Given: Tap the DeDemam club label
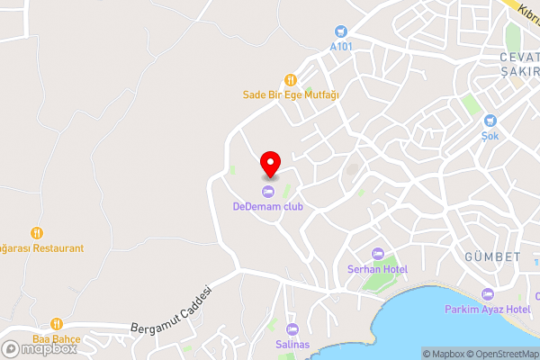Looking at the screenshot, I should tap(268, 206).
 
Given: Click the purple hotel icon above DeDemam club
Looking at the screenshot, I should tap(268, 192).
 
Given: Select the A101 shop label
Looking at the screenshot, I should tap(341, 46).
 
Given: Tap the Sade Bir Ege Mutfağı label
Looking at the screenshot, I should tap(290, 94).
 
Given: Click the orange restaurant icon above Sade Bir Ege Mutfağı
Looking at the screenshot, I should tap(290, 79).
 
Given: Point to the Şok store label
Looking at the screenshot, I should tap(490, 135).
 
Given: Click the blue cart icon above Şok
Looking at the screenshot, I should tap(490, 121).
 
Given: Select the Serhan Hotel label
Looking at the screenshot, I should tap(378, 269).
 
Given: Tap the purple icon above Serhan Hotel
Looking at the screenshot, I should tap(378, 255).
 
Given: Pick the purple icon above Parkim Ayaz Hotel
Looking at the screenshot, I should tap(488, 294).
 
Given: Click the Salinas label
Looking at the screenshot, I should tap(292, 345).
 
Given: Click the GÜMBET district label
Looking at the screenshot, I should tap(492, 257).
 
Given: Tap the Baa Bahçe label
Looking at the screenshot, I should tap(57, 338).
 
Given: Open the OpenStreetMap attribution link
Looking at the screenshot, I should tap(502, 354).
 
